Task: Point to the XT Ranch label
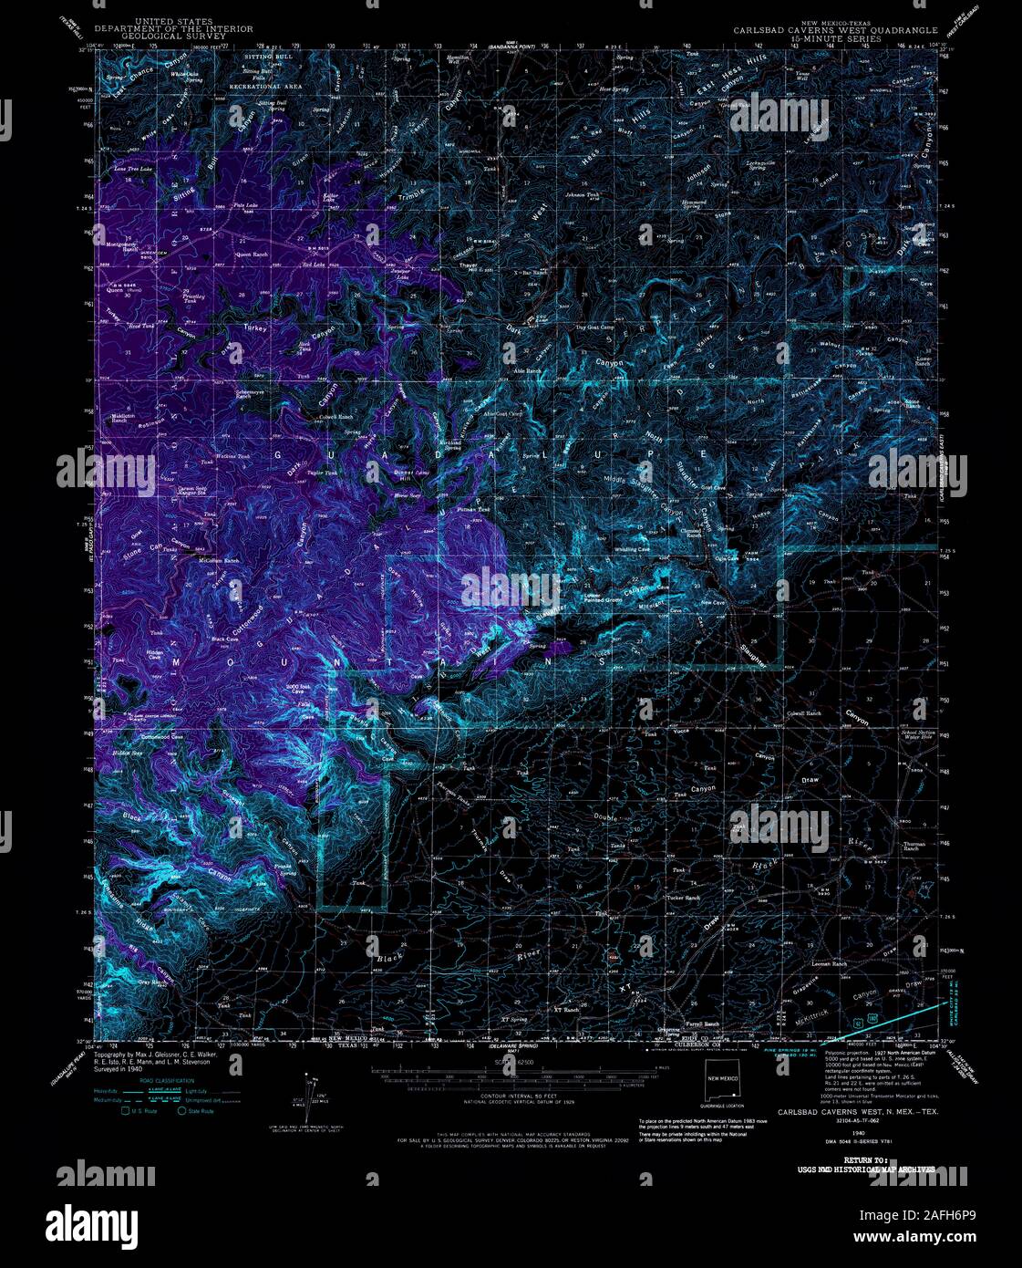click(x=566, y=1010)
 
